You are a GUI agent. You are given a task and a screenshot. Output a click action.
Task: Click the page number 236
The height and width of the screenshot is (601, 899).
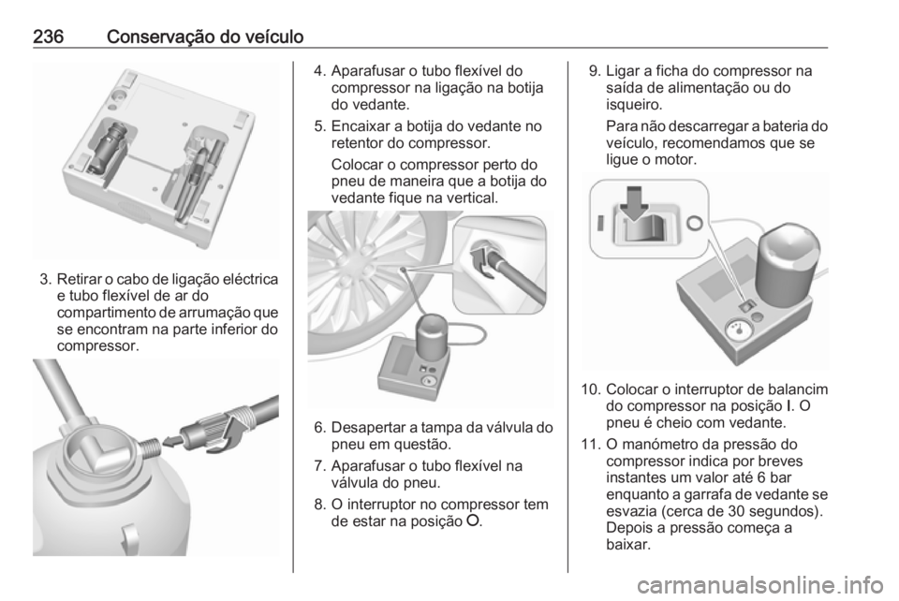tap(48, 37)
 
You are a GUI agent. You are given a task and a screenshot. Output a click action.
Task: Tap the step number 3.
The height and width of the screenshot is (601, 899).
tap(45, 280)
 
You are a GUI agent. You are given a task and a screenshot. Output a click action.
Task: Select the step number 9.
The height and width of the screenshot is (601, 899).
tap(595, 71)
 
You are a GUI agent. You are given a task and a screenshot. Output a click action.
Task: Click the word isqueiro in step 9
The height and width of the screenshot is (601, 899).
tap(634, 104)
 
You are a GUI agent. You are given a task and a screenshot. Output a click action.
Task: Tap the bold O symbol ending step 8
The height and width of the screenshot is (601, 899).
tap(473, 521)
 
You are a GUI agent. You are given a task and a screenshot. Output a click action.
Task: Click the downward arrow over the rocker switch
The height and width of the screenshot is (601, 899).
tap(634, 202)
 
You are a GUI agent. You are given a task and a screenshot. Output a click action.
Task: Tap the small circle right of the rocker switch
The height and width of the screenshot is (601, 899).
tap(694, 222)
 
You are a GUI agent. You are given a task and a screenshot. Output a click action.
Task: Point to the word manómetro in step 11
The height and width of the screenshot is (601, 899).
tap(666, 445)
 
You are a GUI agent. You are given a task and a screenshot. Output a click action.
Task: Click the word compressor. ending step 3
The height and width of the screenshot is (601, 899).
tap(98, 346)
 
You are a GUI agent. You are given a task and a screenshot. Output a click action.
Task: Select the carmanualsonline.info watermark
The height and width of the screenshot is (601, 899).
tap(759, 585)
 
